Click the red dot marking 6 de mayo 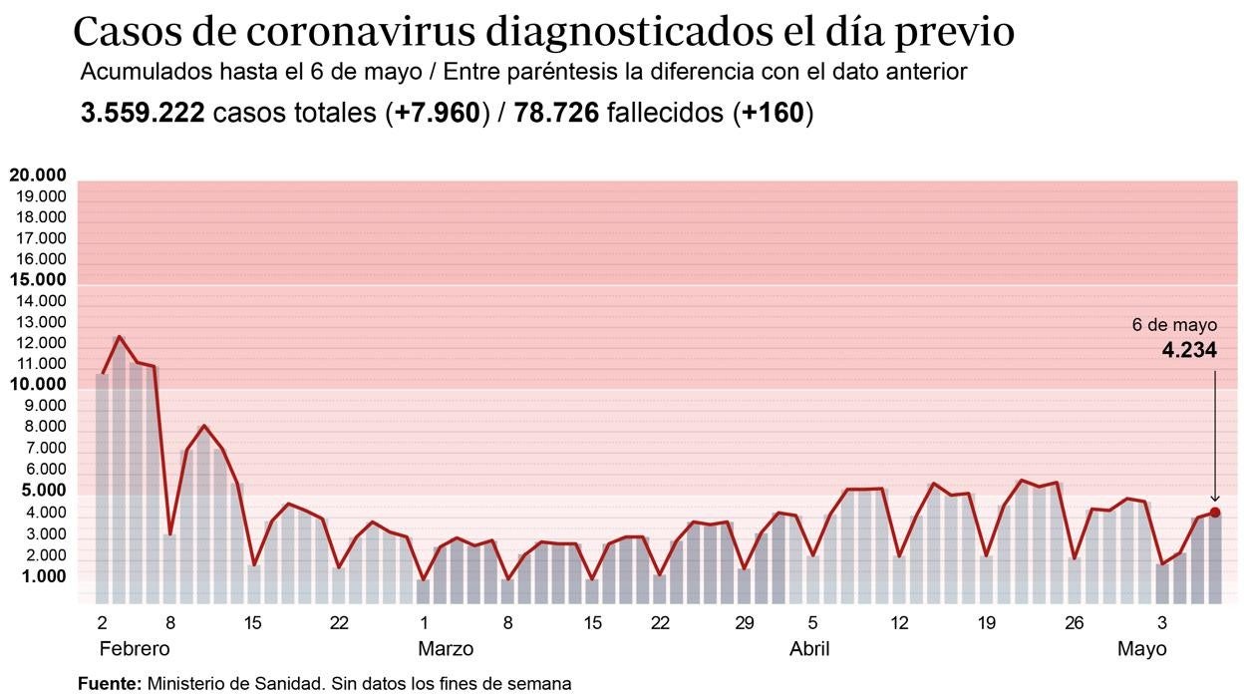(1215, 513)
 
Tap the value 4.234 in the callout (1189, 350)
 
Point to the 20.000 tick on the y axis (38, 175)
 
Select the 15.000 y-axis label (38, 280)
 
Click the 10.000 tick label (38, 385)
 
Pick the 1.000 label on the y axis (40, 576)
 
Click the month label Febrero (135, 649)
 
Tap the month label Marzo (445, 649)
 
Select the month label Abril (809, 649)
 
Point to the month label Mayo (1141, 649)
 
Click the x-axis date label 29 (744, 623)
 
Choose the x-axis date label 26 (1074, 623)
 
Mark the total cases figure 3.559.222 (143, 114)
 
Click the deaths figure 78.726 (556, 114)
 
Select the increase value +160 (773, 114)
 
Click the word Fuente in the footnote (109, 684)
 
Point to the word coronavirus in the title (361, 33)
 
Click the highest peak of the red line (120, 337)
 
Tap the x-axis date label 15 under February (253, 623)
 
